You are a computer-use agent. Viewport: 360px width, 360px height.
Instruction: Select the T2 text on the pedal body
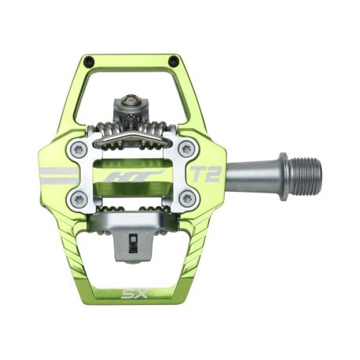pyautogui.click(x=204, y=174)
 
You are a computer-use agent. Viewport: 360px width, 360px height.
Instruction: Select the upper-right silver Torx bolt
pyautogui.click(x=186, y=148)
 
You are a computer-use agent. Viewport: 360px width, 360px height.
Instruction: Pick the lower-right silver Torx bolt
pyautogui.click(x=186, y=199)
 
